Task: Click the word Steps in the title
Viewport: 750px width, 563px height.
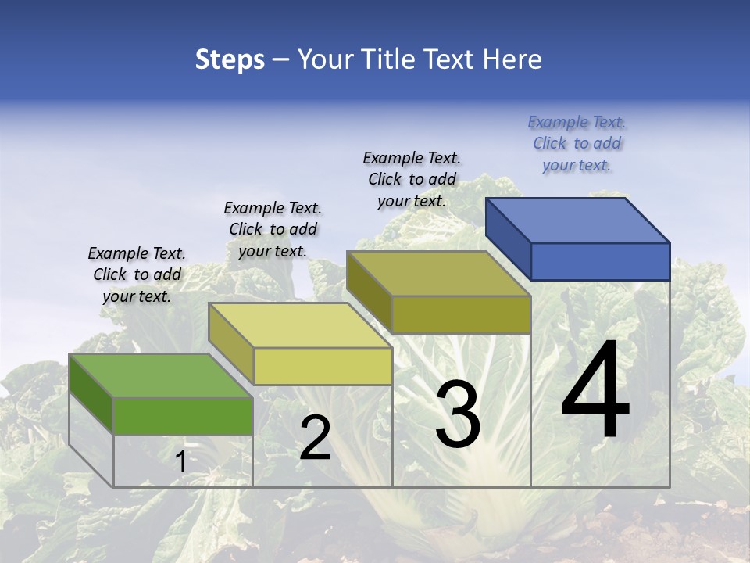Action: coord(230,60)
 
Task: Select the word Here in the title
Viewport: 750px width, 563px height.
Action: coord(512,60)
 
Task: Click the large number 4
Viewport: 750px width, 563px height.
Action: coord(595,391)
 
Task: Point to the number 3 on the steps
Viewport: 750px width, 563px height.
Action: coord(458,414)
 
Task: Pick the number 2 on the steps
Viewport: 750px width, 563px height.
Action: coord(315,438)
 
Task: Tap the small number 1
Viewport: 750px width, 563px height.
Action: coord(180,462)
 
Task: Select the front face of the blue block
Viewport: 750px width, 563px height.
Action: coord(600,261)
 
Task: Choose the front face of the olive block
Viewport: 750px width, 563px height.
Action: coord(461,314)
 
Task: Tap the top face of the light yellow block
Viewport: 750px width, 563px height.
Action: coord(300,325)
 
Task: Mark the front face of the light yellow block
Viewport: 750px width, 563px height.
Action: coord(323,366)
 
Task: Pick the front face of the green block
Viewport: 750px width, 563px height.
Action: coord(183,416)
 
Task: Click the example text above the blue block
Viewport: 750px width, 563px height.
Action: coord(577,144)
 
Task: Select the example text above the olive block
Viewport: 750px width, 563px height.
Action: coord(412,180)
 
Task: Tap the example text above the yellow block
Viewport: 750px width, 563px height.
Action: coord(273,229)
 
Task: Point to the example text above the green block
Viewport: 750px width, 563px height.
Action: coord(137,275)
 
